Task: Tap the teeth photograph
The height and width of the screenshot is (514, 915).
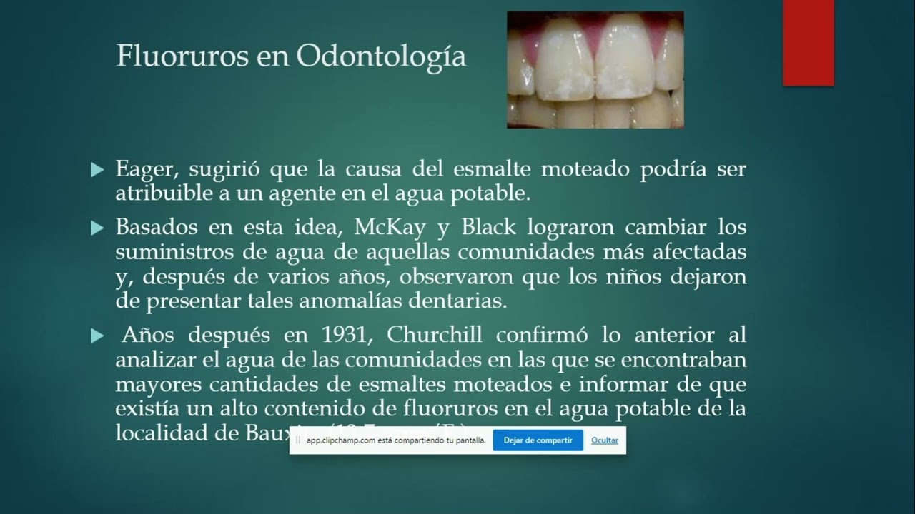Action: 595,70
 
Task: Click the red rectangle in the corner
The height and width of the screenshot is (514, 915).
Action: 808,43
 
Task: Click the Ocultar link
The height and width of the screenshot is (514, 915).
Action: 604,440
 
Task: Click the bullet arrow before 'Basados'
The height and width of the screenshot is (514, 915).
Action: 98,228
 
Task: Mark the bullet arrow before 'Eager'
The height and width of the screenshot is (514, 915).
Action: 98,171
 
